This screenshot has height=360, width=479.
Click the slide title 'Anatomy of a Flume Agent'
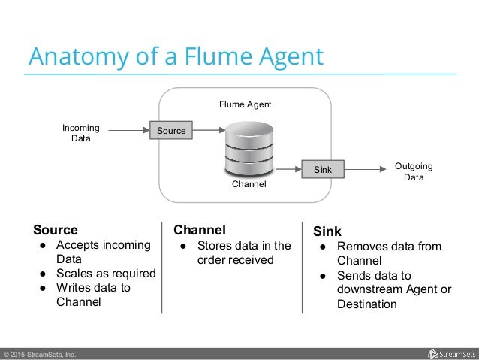[175, 56]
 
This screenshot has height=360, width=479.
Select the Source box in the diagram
[171, 131]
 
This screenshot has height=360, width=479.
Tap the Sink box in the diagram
[323, 171]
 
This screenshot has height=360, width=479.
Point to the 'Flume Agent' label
[245, 104]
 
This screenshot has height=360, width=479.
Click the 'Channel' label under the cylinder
[249, 183]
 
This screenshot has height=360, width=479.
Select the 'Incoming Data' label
[80, 133]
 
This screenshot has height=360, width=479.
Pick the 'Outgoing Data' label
[414, 172]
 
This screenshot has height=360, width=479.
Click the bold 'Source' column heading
[55, 229]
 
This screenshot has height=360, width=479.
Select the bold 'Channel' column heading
[200, 229]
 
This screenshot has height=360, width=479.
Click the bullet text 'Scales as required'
[106, 274]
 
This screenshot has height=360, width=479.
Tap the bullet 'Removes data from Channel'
[389, 253]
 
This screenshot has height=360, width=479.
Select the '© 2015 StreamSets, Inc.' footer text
[39, 354]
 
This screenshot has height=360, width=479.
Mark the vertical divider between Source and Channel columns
[162, 267]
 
